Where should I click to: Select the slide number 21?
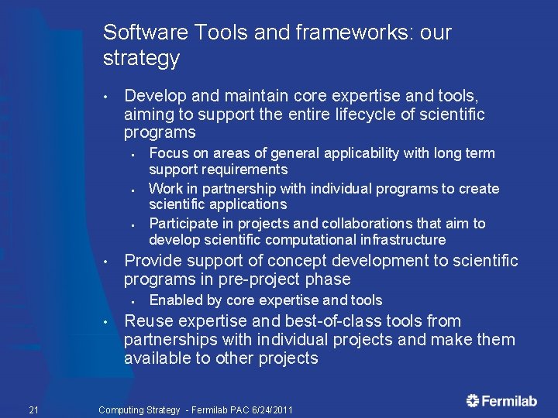coord(33,409)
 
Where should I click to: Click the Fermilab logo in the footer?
coord(501,400)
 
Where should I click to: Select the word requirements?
coord(246,170)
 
